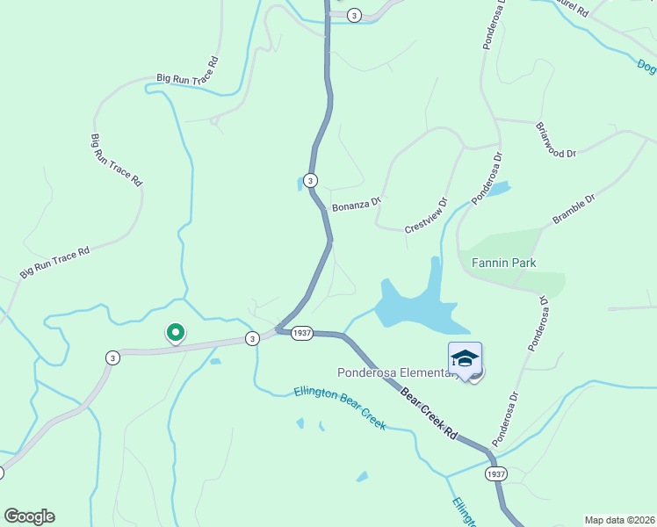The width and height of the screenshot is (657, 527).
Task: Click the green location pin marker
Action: [x=175, y=333]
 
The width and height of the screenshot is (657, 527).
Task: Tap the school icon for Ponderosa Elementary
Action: [x=465, y=358]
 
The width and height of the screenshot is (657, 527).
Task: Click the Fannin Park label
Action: [x=504, y=262]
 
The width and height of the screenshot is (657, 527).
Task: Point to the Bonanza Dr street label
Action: [x=356, y=205]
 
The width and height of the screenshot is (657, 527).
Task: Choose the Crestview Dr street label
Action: [x=426, y=214]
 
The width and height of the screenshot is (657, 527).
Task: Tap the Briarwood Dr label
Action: [x=555, y=140]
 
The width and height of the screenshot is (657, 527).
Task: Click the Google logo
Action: [x=29, y=516]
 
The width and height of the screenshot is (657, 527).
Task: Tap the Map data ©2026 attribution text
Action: [x=619, y=520]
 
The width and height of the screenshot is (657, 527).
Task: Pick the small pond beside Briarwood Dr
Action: [x=498, y=188]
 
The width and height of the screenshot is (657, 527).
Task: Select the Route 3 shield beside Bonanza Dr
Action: [x=310, y=180]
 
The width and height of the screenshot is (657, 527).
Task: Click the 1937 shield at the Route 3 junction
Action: [x=302, y=333]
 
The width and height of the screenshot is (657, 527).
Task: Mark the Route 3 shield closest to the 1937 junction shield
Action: [x=252, y=338]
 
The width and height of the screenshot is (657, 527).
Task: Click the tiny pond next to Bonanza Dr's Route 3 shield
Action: [x=300, y=184]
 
